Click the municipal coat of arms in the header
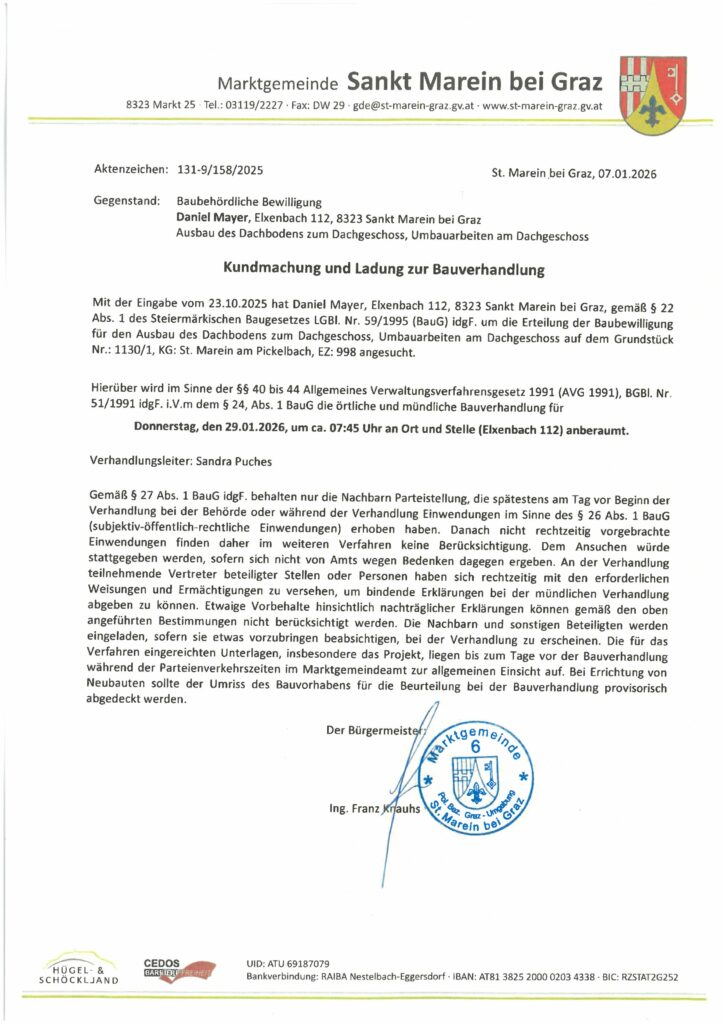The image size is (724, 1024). (653, 95)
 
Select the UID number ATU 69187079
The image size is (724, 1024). (298, 962)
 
